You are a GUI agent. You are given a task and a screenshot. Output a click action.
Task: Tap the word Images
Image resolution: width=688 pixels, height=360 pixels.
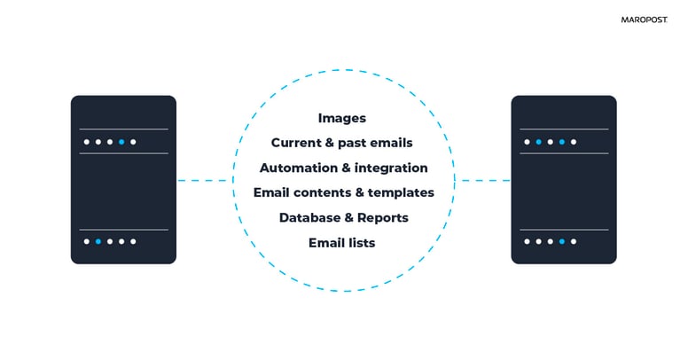(342, 118)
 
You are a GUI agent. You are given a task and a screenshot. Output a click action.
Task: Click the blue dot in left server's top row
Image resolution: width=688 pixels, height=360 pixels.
(121, 142)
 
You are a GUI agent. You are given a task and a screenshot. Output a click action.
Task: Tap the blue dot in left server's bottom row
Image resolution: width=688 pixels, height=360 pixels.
(98, 241)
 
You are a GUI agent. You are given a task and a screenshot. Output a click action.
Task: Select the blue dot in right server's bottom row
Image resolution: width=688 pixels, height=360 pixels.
(562, 241)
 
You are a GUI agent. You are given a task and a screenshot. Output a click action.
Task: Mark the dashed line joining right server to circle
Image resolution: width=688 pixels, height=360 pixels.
(483, 181)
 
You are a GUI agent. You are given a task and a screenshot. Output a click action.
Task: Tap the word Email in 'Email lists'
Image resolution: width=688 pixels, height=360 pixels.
(326, 242)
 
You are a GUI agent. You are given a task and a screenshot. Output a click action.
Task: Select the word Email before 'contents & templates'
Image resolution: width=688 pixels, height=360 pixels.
(271, 192)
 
